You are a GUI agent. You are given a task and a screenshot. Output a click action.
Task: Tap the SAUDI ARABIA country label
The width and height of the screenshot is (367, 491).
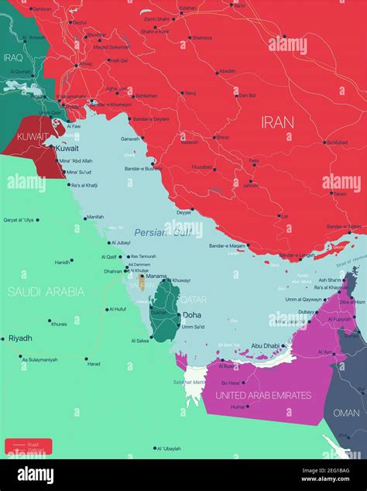point(46,291)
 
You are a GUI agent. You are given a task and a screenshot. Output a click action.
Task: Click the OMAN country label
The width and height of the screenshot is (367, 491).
point(346,413)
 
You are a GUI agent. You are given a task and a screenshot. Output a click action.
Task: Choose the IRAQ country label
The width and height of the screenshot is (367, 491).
point(14,57)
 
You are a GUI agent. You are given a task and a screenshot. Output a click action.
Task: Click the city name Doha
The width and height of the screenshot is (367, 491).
point(192,315)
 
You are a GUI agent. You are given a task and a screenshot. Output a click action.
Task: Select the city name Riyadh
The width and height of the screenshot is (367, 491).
point(20,338)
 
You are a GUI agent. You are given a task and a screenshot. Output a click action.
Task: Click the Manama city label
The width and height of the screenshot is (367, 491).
point(157,276)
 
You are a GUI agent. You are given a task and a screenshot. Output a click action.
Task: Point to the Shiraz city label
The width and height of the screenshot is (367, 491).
point(222,137)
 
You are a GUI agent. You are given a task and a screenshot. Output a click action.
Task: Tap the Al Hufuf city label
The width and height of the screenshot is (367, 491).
point(116,309)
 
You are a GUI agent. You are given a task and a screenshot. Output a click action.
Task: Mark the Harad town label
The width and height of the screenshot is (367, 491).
point(93,363)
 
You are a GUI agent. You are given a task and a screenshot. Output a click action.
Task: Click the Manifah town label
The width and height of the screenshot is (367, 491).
point(94,217)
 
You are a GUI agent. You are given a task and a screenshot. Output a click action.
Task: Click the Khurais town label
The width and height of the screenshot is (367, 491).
point(59,324)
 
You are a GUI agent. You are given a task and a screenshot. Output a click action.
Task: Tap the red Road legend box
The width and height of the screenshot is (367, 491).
point(28,446)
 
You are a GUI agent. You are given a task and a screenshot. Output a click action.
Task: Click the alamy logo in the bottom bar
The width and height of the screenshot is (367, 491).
point(36,475)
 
